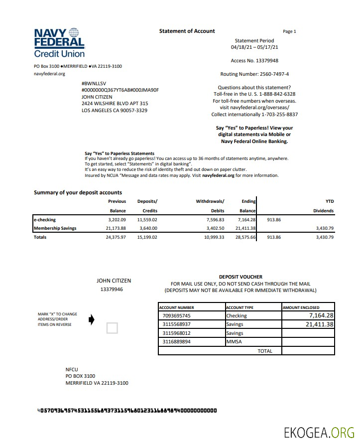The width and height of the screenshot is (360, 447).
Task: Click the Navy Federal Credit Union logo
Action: coord(59,42)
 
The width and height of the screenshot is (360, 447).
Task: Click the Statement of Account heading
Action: coord(187,31)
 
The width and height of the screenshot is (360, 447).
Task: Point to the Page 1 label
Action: coord(289,31)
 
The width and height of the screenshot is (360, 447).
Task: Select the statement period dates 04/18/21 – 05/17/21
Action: coord(254,47)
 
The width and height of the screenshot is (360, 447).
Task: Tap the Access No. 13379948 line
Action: coord(254,60)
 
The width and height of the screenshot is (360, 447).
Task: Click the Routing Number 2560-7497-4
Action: coord(254,74)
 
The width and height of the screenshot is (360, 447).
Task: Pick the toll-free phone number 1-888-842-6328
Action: coord(274,94)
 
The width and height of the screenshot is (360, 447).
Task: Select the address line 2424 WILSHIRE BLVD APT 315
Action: coord(115,104)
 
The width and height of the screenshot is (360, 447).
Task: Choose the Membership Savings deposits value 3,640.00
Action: coord(147,228)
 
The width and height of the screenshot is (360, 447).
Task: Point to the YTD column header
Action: coord(329,201)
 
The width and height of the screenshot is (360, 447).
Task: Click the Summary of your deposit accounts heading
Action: coord(78,192)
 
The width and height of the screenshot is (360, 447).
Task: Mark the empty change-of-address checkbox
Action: coord(113,328)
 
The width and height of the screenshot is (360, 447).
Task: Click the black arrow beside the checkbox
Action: coord(91,320)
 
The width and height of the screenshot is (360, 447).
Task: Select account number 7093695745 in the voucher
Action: coord(177,315)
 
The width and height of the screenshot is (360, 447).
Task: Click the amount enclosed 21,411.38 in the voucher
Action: coord(319,324)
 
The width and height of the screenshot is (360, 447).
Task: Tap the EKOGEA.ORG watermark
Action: coord(319,432)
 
